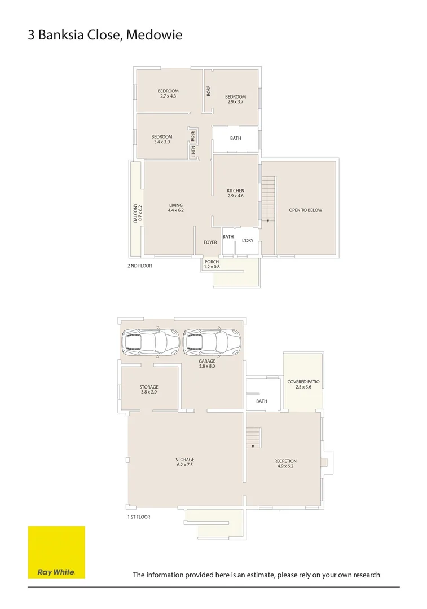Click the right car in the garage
(212, 342)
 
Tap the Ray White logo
(56, 552)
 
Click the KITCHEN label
(235, 193)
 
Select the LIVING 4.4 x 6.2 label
(175, 208)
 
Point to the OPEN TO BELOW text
(305, 210)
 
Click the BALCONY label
(135, 213)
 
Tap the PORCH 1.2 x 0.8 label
(212, 264)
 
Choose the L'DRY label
(247, 241)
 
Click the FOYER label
(210, 242)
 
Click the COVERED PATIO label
(303, 385)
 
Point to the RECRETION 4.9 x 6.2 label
(285, 464)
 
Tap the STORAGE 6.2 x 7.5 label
(184, 462)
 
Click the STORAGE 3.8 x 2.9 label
(149, 389)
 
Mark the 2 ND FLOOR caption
(139, 266)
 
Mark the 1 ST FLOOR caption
(139, 517)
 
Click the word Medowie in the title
(154, 35)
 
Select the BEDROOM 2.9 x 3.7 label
(235, 99)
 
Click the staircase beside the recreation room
(253, 438)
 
